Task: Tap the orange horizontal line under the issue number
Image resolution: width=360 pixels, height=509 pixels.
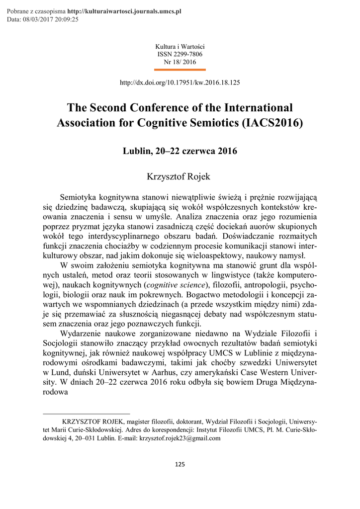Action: pyautogui.click(x=180, y=69)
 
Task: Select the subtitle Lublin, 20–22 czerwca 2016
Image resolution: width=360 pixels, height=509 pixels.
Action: pyautogui.click(x=180, y=151)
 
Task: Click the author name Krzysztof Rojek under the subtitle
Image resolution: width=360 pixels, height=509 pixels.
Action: pyautogui.click(x=180, y=176)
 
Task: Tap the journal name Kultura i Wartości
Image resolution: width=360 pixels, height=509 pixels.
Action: pyautogui.click(x=180, y=46)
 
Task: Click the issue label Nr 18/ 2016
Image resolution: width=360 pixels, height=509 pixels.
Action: pyautogui.click(x=180, y=62)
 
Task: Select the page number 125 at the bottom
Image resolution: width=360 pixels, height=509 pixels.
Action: pyautogui.click(x=180, y=464)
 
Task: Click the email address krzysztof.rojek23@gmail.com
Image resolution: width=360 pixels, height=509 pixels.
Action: pyautogui.click(x=180, y=439)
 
